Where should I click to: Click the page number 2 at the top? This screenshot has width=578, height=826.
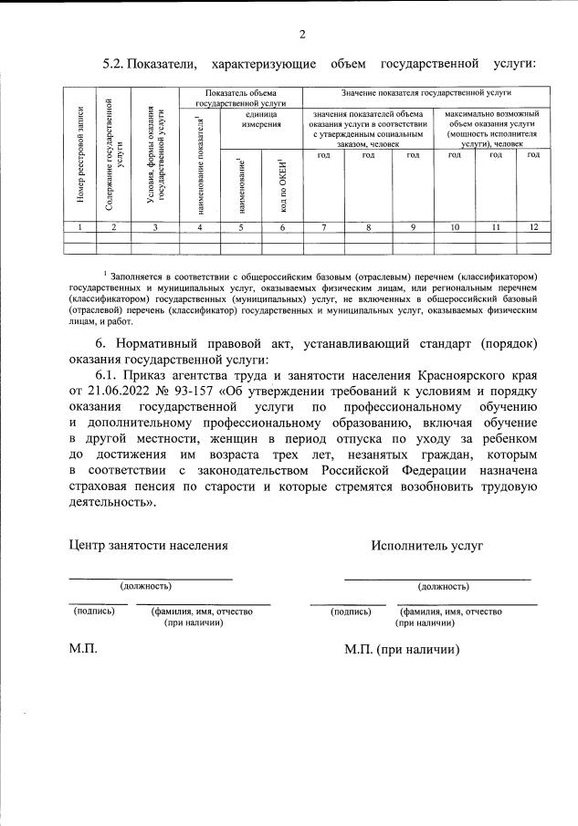pyautogui.click(x=301, y=34)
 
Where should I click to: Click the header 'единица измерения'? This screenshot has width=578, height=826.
pyautogui.click(x=261, y=119)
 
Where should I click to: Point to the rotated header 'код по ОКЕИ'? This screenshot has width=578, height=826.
pyautogui.click(x=282, y=183)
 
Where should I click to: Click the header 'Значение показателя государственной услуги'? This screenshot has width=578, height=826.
pyautogui.click(x=426, y=93)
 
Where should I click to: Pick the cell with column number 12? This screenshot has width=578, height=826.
pyautogui.click(x=533, y=226)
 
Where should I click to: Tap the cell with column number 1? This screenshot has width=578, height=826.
pyautogui.click(x=80, y=226)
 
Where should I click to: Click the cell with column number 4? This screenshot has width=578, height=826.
pyautogui.click(x=200, y=226)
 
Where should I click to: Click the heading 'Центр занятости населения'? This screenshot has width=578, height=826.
pyautogui.click(x=148, y=545)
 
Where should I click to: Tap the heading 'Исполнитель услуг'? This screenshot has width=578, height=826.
pyautogui.click(x=426, y=545)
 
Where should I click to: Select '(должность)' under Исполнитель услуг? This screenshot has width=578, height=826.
pyautogui.click(x=443, y=586)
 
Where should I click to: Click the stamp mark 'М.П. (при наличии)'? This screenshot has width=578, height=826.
pyautogui.click(x=402, y=650)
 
